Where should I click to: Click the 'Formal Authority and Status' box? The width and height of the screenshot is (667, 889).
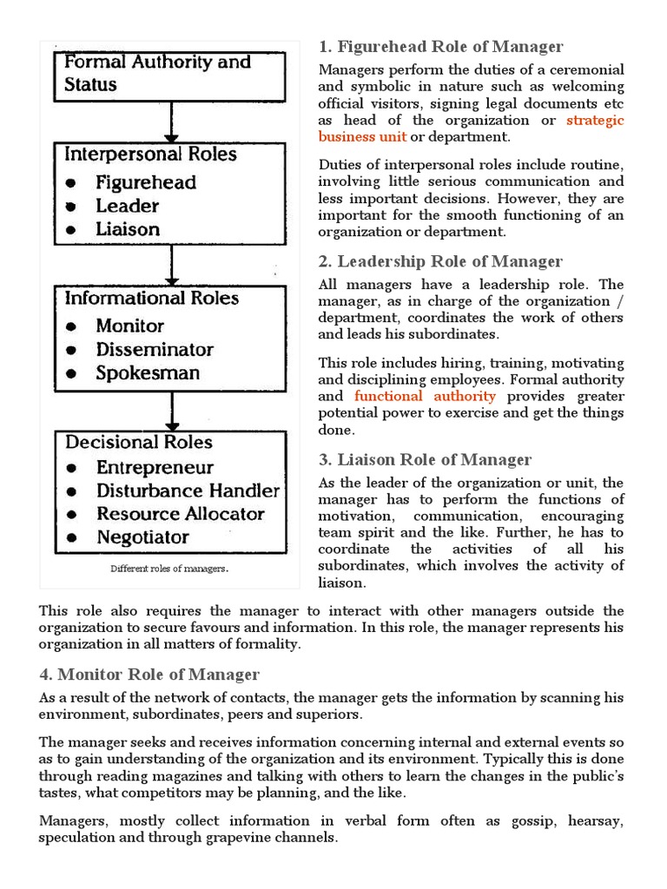171,74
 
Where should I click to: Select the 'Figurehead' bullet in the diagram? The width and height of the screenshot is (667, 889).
146,182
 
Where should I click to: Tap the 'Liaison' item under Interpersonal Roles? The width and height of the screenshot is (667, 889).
128,229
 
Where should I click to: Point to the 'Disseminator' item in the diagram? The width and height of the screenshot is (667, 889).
155,350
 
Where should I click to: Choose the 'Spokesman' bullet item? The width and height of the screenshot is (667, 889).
148,373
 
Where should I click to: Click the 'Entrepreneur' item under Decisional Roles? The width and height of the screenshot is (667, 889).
155,467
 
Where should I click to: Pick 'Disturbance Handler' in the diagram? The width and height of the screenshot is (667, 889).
188,491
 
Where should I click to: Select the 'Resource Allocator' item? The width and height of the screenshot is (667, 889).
180,514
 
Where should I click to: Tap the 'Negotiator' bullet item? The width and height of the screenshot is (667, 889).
142,537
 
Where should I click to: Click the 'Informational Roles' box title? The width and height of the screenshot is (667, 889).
151,299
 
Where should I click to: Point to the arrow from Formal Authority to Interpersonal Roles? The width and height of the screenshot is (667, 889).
172,121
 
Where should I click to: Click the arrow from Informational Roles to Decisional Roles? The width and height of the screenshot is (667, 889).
172,411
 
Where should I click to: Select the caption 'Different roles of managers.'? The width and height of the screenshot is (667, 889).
168,570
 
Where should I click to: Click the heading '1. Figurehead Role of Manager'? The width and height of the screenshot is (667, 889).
441,47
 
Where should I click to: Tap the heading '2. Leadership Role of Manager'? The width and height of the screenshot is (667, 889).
441,261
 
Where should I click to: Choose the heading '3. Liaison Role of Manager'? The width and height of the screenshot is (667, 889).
426,459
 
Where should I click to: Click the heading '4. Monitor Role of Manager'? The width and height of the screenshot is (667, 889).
149,674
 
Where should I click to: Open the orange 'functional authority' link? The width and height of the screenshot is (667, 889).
426,397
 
